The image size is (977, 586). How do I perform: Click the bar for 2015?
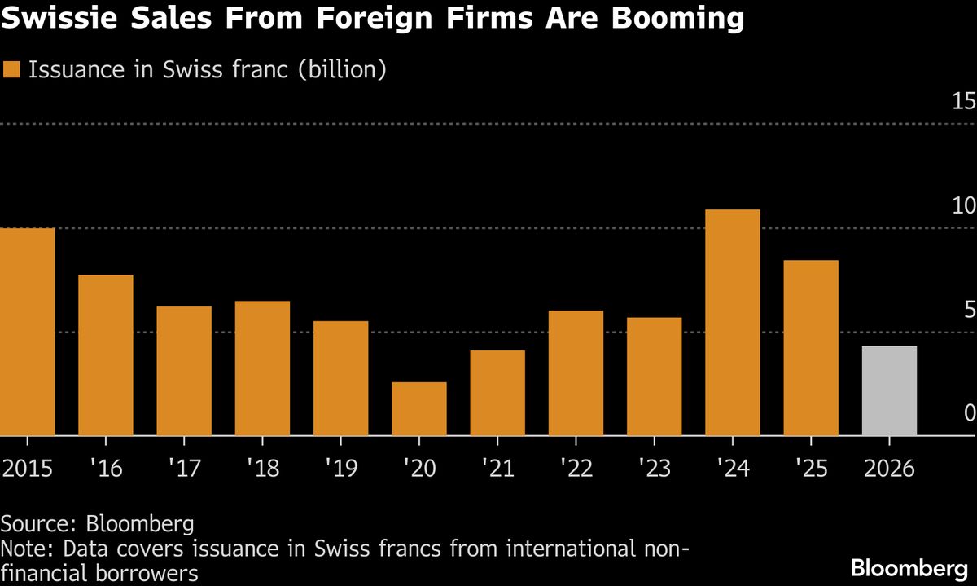27,332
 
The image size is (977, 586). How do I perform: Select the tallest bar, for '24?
732,323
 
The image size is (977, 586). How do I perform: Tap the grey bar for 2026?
889,390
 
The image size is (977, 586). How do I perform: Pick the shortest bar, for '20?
418,408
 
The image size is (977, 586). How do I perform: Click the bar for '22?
576,372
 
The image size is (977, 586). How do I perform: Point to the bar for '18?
262,368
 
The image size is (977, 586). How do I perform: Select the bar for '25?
811,348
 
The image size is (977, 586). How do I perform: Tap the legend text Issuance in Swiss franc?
207,70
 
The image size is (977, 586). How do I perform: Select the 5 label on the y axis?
969,310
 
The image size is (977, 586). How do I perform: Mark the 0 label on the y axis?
969,414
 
